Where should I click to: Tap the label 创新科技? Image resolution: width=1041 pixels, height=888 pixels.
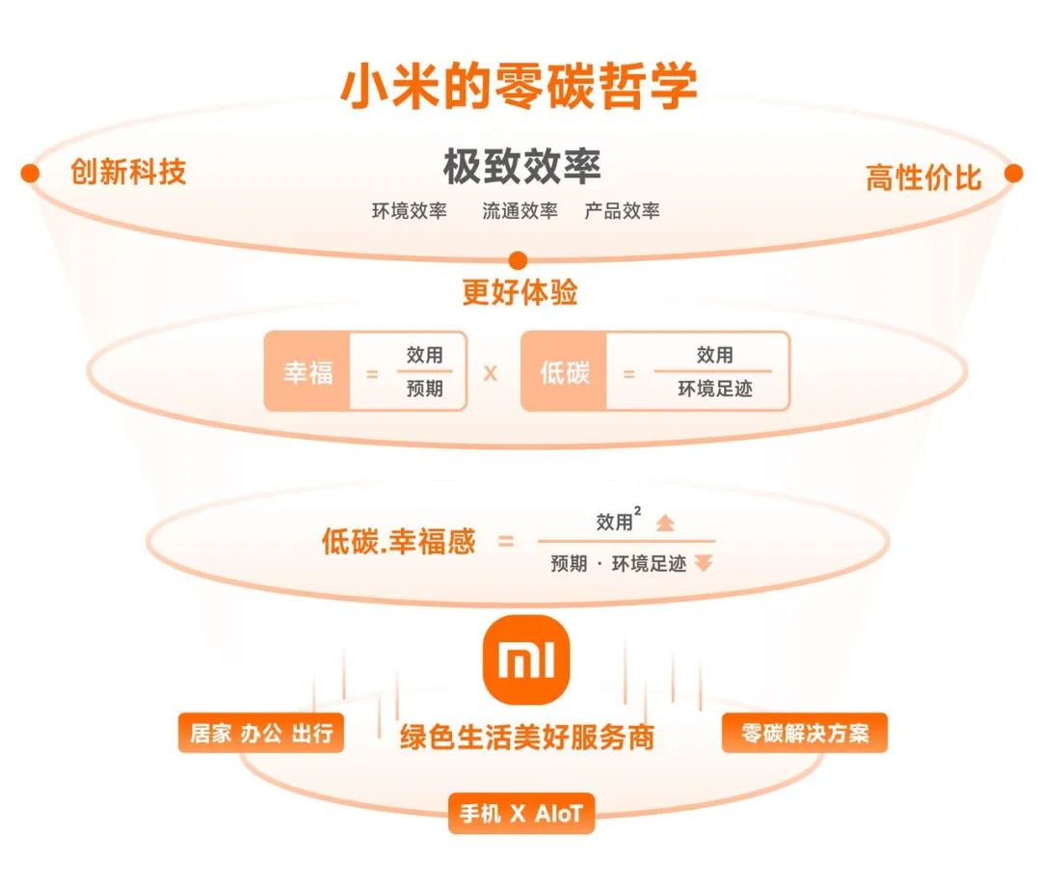click(x=128, y=173)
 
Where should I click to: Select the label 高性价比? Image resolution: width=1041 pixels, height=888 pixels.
click(x=923, y=177)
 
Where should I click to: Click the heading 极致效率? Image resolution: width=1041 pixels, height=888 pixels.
click(x=521, y=167)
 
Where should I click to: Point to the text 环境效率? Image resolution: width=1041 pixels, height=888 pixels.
click(x=410, y=211)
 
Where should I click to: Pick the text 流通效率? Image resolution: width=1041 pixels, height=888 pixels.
click(x=520, y=211)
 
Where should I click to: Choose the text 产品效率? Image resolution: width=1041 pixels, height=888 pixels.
click(x=622, y=211)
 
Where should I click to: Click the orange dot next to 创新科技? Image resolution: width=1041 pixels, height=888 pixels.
click(x=30, y=173)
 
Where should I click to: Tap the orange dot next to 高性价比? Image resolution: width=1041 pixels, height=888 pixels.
click(x=1013, y=174)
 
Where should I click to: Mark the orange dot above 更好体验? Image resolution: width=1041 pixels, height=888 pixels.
click(x=518, y=259)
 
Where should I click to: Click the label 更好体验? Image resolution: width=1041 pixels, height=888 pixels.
click(x=520, y=292)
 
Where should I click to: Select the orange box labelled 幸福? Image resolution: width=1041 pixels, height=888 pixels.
click(x=307, y=372)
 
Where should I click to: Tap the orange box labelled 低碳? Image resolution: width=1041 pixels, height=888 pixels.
click(x=564, y=372)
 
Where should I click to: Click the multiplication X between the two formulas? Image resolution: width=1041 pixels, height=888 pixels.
click(x=491, y=373)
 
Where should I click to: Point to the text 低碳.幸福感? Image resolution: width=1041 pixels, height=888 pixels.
click(x=398, y=542)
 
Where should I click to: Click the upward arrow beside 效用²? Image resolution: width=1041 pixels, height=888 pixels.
click(x=665, y=523)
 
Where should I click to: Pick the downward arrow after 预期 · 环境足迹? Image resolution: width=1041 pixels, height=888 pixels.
click(x=704, y=564)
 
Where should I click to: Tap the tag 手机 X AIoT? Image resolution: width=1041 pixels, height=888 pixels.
click(x=520, y=814)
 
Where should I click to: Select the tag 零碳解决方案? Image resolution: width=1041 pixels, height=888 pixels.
click(x=804, y=734)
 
